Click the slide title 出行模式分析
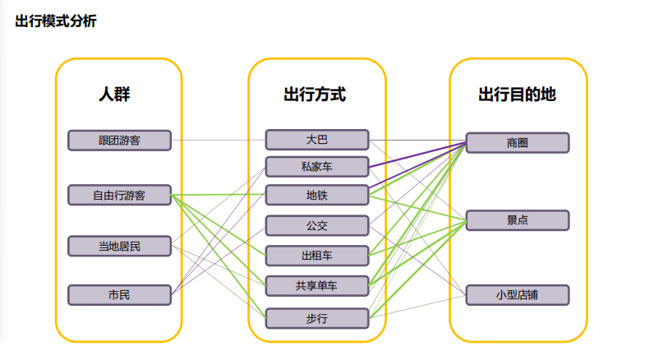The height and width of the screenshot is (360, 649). tap(55, 21)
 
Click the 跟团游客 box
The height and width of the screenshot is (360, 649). tap(119, 141)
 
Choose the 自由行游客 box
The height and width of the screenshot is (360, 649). tap(119, 196)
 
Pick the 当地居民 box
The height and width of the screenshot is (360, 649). tap(119, 246)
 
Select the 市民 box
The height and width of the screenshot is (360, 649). tap(119, 294)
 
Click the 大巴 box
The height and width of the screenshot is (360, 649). tap(316, 140)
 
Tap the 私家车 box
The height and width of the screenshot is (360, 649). tap(316, 167)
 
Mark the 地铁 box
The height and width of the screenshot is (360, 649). tap(316, 196)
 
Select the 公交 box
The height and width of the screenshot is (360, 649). tap(316, 225)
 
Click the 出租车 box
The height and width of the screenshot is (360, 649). tap(316, 256)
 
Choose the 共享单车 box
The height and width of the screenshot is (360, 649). tap(316, 286)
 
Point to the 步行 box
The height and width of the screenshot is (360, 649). tap(316, 317)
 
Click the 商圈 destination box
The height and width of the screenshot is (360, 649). tap(518, 143)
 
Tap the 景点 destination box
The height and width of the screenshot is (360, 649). tap(518, 220)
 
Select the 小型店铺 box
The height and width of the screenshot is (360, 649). tap(518, 294)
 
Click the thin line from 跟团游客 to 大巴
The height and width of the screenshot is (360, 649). tap(218, 140)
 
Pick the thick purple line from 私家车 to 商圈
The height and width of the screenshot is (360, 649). tap(417, 155)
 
